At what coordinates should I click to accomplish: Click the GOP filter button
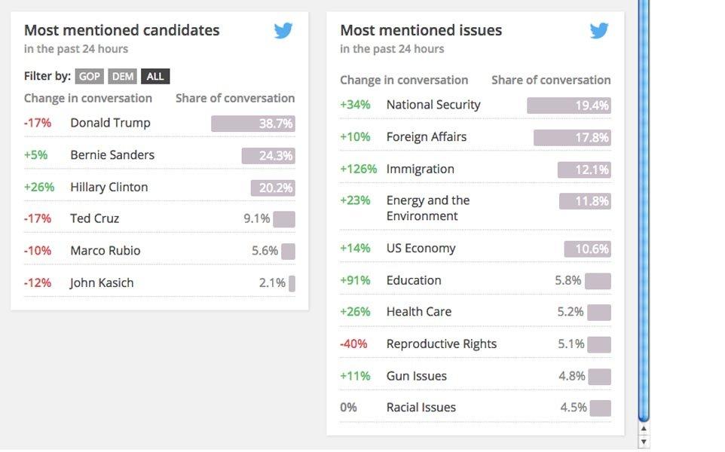(x=90, y=77)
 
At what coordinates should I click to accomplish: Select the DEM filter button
(x=123, y=77)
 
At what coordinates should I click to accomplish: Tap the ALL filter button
(x=155, y=77)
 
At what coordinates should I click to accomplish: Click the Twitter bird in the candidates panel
(x=283, y=31)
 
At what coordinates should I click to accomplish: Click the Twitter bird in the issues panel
(x=599, y=31)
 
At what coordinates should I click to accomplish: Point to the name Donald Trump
(x=110, y=123)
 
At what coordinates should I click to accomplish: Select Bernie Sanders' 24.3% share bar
(x=268, y=156)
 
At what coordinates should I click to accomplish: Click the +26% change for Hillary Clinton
(x=39, y=187)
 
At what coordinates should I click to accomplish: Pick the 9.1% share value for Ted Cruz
(x=256, y=218)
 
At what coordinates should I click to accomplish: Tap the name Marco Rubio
(x=105, y=251)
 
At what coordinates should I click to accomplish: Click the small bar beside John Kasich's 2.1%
(x=292, y=283)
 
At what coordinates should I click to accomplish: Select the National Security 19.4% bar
(x=568, y=105)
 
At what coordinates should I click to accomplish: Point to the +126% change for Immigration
(x=359, y=169)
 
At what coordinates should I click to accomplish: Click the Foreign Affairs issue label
(x=426, y=137)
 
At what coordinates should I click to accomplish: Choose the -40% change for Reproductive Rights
(x=353, y=344)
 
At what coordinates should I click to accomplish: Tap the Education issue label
(x=414, y=280)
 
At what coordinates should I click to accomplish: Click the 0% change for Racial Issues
(x=348, y=408)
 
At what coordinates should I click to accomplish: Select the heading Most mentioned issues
(x=421, y=31)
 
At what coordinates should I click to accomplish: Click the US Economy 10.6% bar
(x=587, y=249)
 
